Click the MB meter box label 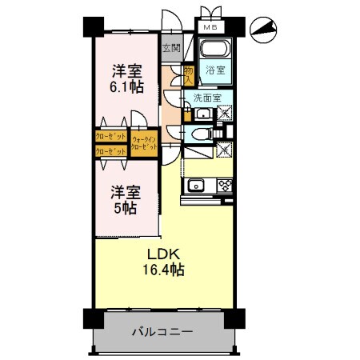point(210,27)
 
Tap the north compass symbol point(264,30)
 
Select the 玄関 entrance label point(170,48)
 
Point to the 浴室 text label point(214,71)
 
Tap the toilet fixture point(201,134)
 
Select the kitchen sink point(197,186)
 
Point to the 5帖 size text point(124,208)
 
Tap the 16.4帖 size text point(166,270)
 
